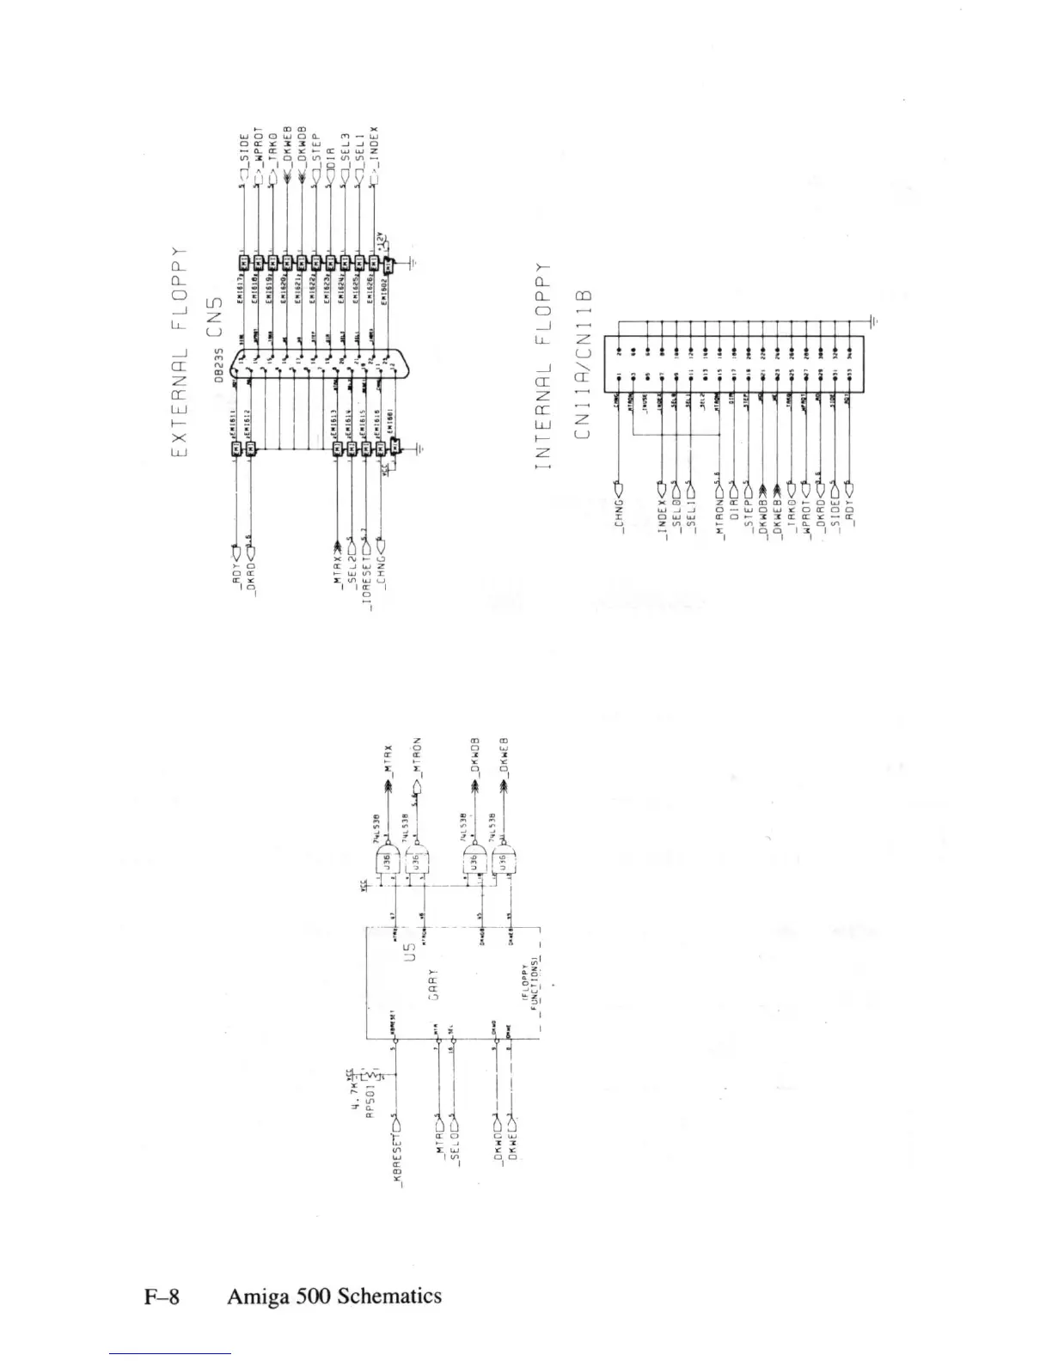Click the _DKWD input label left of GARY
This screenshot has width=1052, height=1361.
click(x=498, y=1147)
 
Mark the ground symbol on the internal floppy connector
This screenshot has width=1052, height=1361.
click(x=873, y=321)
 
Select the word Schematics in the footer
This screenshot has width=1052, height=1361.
click(x=389, y=1296)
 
